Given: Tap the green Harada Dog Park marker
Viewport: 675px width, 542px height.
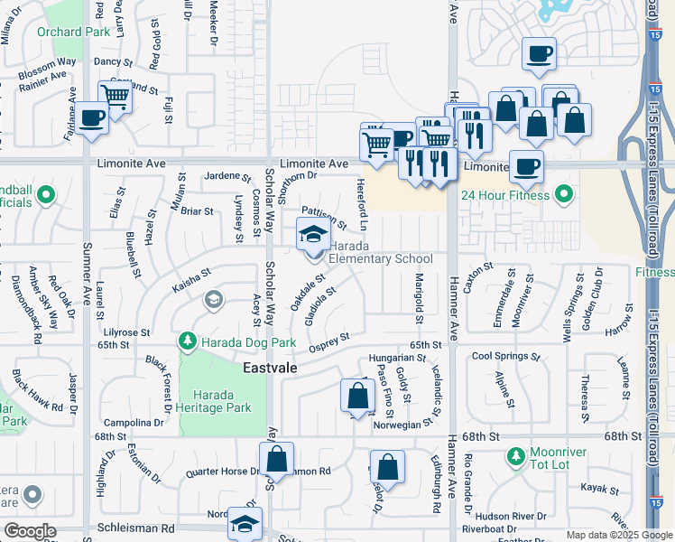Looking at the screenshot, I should coord(188,341).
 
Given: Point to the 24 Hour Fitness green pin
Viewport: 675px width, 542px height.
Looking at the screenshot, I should coord(564,193).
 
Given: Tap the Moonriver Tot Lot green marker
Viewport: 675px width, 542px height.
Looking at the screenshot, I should coord(516,455).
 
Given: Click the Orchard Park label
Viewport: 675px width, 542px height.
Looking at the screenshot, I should coord(72,32).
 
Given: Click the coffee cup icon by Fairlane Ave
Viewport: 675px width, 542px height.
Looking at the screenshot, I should coord(91,117).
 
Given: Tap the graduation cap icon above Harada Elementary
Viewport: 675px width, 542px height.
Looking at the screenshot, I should coord(313,234).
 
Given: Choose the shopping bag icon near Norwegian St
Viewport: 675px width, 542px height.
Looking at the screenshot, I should coord(357,396).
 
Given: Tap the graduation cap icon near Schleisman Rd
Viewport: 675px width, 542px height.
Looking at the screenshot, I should coord(245,523).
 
